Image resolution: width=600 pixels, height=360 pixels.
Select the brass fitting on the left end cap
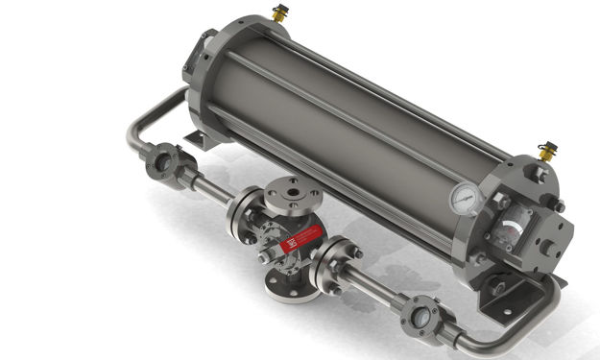point(280,12)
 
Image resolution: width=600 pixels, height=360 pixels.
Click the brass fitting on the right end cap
point(547,150)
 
